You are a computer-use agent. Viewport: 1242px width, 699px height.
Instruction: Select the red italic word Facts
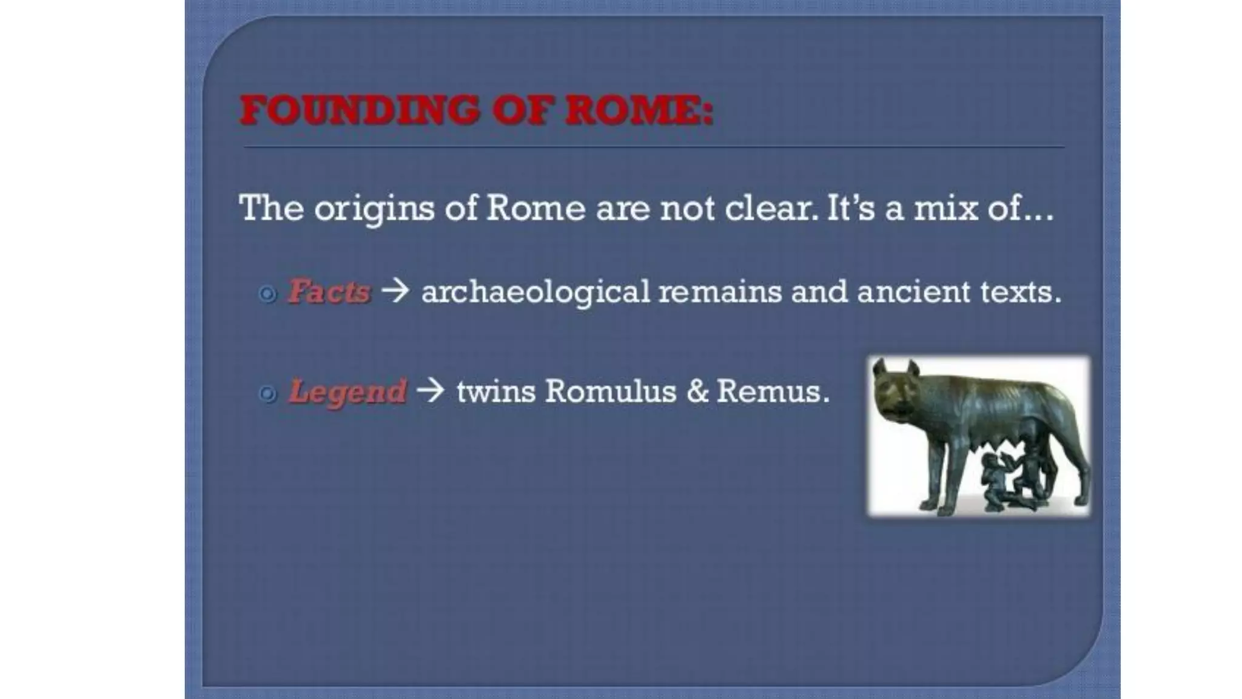(x=329, y=291)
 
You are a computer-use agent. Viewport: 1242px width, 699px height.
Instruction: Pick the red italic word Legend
(x=347, y=391)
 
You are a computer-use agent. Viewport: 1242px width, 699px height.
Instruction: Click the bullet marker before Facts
(x=267, y=294)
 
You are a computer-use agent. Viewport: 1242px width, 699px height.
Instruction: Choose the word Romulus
(x=610, y=391)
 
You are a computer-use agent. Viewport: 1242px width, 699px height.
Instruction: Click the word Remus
(x=772, y=391)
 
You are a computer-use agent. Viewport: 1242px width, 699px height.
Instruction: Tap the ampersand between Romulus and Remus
(x=697, y=391)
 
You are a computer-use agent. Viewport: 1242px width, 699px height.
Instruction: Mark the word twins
(x=496, y=391)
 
